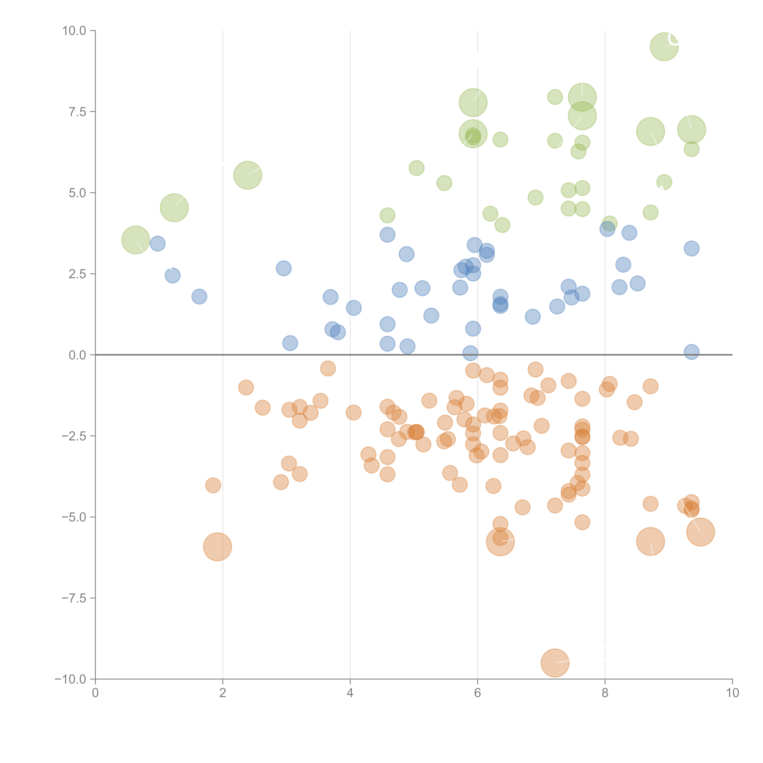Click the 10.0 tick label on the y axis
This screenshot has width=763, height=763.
(74, 31)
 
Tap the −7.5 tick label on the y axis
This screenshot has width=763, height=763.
(74, 598)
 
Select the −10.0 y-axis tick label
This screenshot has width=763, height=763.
(71, 679)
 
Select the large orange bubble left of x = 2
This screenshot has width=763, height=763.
(217, 547)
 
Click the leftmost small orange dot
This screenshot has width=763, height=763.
(213, 485)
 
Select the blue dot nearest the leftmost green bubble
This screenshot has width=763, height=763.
(158, 244)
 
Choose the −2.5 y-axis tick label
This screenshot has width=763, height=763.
(74, 436)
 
